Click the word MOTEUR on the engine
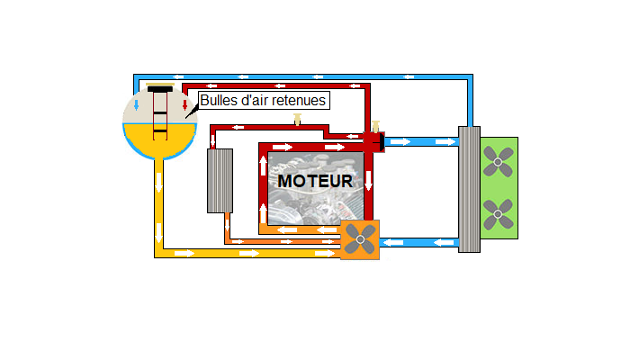(315, 181)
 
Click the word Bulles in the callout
(217, 101)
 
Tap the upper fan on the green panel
(497, 160)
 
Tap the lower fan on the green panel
(497, 214)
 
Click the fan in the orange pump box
(360, 239)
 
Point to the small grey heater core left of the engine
(220, 180)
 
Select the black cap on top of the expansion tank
(160, 89)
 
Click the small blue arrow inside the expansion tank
(136, 105)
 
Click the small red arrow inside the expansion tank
(184, 106)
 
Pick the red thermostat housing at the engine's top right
(373, 141)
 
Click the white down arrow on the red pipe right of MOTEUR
(368, 180)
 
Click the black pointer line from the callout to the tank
(192, 112)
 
